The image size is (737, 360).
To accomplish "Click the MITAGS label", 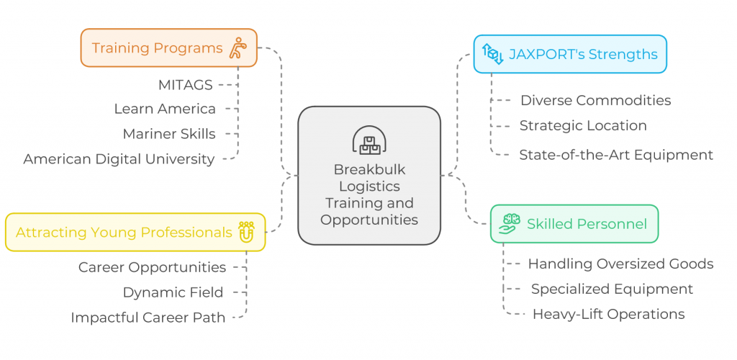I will tap(185, 85).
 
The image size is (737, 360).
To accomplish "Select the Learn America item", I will tap(165, 109).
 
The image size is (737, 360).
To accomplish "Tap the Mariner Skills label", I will tap(168, 134).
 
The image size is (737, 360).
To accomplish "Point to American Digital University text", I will tap(119, 159).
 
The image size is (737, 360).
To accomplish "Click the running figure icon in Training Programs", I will tap(238, 48).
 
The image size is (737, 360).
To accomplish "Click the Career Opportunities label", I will tap(152, 267).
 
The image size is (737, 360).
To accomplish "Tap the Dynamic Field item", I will tap(173, 292).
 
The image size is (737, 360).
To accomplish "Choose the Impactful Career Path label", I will tap(148, 318).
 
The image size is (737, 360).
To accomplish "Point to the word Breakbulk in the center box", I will tap(369, 170).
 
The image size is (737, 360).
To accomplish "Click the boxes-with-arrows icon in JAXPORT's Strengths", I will tap(492, 54).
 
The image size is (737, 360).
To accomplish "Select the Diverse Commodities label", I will tap(595, 100).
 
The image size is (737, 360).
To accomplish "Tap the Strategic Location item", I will tap(583, 125).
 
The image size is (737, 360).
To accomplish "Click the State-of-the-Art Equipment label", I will tap(616, 155).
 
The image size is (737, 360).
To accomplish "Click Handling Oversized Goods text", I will tap(620, 264).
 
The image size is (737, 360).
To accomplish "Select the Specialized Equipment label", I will tap(612, 289).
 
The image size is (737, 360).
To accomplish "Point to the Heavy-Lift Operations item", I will tap(608, 314).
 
